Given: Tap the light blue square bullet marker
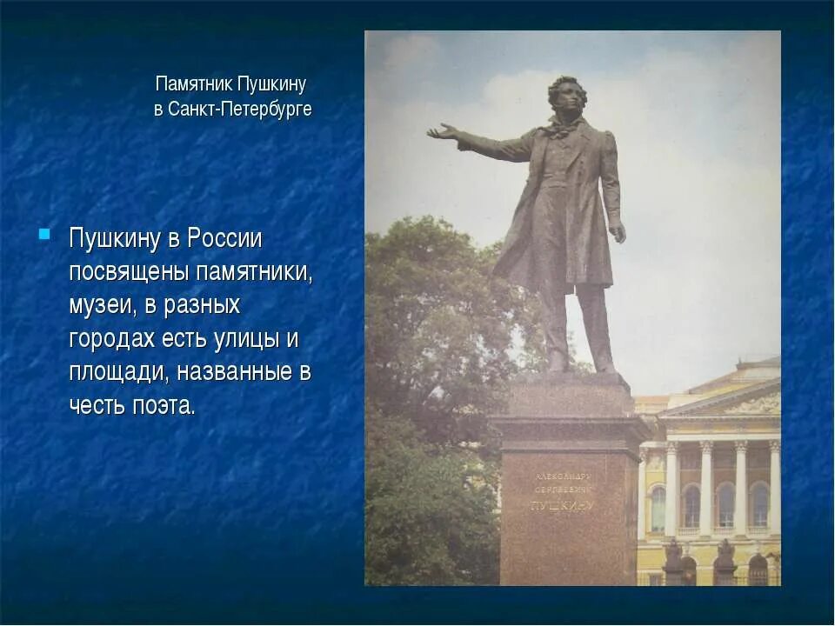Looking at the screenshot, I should click(x=44, y=234).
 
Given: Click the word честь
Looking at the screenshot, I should click(x=97, y=405).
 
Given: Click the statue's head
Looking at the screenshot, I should click(x=568, y=96).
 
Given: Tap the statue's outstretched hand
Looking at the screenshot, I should click(x=442, y=132).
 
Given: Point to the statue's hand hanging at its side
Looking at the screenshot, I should click(x=617, y=232).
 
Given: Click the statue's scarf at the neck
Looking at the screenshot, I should click(x=561, y=127).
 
